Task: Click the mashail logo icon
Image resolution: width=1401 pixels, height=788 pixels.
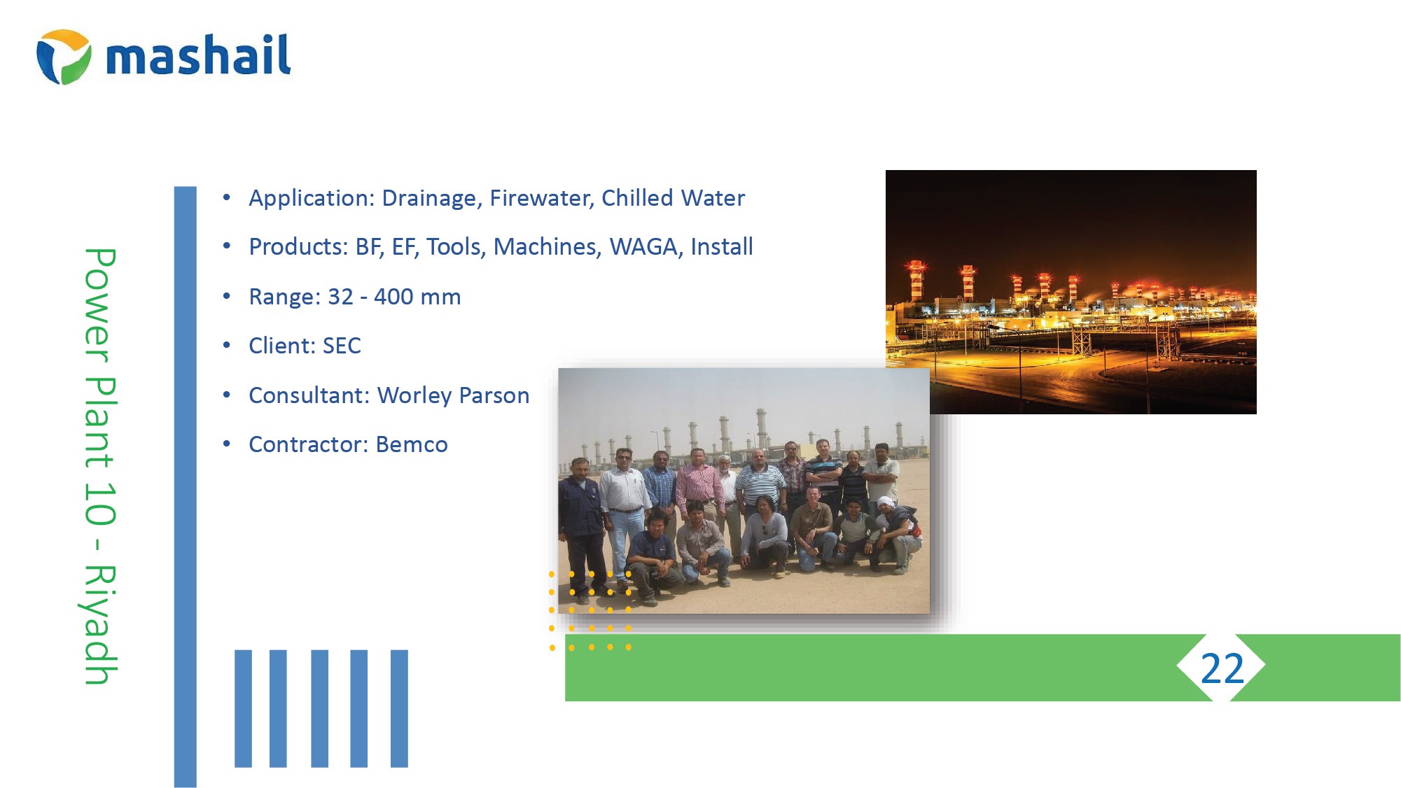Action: pyautogui.click(x=64, y=57)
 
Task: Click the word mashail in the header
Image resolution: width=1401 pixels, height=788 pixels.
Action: pyautogui.click(x=198, y=55)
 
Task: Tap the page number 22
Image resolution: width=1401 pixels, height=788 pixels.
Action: pyautogui.click(x=1222, y=668)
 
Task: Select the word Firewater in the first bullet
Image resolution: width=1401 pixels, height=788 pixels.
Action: pyautogui.click(x=542, y=198)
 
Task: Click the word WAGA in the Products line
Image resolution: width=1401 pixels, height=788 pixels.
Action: pyautogui.click(x=646, y=247)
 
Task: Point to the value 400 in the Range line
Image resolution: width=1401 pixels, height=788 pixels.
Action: pyautogui.click(x=393, y=297)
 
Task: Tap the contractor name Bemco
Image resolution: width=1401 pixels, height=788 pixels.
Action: pyautogui.click(x=412, y=444)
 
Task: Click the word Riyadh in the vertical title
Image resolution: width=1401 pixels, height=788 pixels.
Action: pyautogui.click(x=99, y=624)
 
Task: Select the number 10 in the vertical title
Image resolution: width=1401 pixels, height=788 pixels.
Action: pyautogui.click(x=99, y=503)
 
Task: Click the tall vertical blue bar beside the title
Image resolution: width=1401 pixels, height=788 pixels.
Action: pyautogui.click(x=186, y=486)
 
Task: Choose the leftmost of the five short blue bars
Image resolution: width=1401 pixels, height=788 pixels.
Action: pyautogui.click(x=243, y=708)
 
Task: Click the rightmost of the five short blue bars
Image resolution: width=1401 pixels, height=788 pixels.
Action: pyautogui.click(x=399, y=708)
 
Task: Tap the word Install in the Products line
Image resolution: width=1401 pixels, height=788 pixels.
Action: pyautogui.click(x=722, y=247)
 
